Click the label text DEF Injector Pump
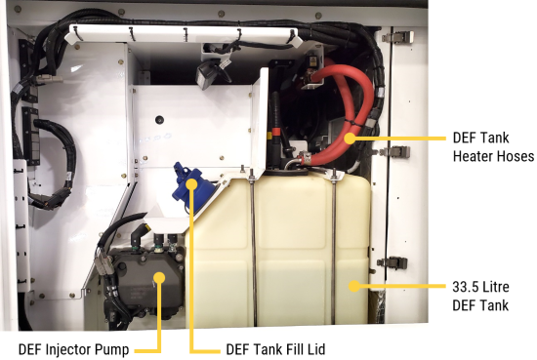tap(73, 349)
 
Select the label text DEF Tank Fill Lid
tap(275, 349)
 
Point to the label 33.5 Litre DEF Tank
tap(480, 296)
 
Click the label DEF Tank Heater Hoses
tap(493, 146)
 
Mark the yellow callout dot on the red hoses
tap(350, 139)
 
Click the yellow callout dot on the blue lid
tap(192, 184)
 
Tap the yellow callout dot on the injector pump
tap(159, 277)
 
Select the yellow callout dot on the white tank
tap(354, 286)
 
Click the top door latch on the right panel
tap(398, 37)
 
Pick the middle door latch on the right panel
tap(395, 151)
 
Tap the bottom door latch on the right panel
tap(392, 262)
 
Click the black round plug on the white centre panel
tap(159, 120)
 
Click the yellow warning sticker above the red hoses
tap(313, 61)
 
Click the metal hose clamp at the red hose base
tap(306, 157)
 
